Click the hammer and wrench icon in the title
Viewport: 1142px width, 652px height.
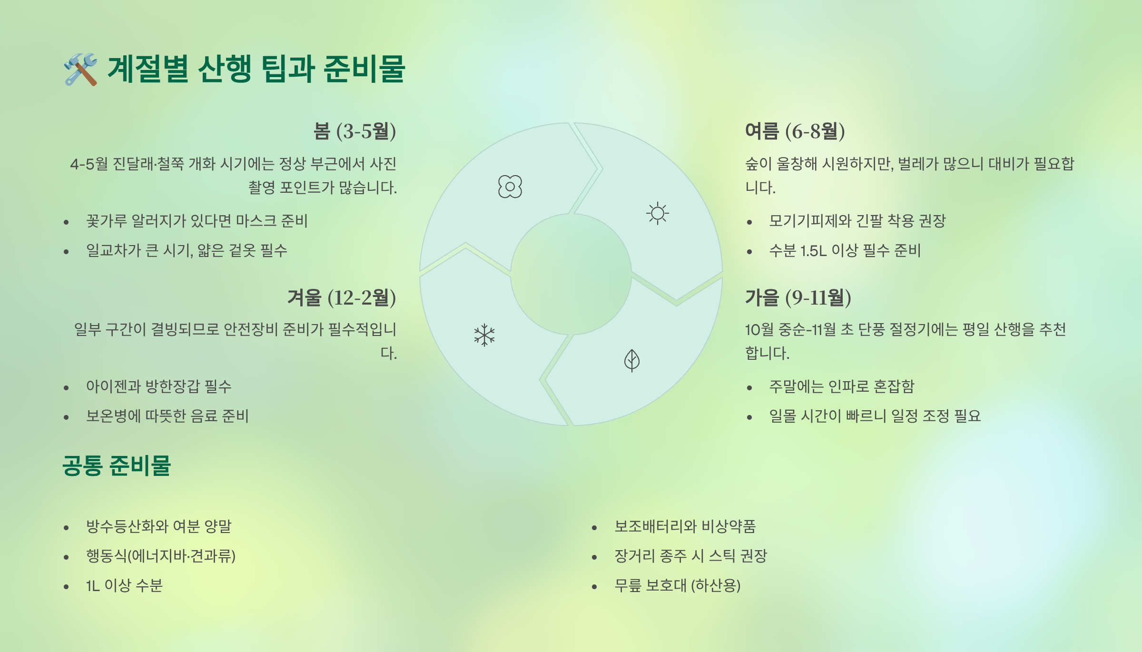pos(80,69)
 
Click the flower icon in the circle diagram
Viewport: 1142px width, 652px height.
pos(510,187)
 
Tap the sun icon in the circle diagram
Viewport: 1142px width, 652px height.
pos(658,213)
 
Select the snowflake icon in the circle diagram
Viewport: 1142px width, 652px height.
pos(484,335)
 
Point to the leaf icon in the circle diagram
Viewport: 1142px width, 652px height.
pos(632,360)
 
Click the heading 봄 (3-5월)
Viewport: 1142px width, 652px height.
pos(354,131)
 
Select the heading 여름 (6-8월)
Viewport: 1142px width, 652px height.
pos(795,131)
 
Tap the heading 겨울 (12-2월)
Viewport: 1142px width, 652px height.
pos(342,297)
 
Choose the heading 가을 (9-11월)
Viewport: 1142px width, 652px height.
pos(798,297)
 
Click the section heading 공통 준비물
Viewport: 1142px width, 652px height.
pos(117,465)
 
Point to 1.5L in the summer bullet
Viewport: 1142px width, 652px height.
pos(813,251)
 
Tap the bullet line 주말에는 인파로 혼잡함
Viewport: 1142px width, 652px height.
pos(841,386)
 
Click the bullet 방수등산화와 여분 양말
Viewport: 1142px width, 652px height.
pos(158,526)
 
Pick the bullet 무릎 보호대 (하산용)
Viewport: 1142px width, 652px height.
pos(677,585)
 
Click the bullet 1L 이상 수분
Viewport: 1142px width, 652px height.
pos(124,585)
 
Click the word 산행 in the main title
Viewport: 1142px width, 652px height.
pos(224,69)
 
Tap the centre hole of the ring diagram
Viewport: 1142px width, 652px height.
pos(571,274)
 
